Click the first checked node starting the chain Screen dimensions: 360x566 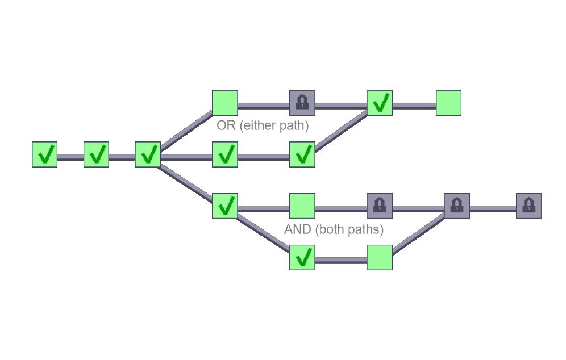pyautogui.click(x=44, y=154)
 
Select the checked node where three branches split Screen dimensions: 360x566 pyautogui.click(x=148, y=154)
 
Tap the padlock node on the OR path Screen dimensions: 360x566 pyautogui.click(x=302, y=103)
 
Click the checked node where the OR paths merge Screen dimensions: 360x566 pyautogui.click(x=380, y=103)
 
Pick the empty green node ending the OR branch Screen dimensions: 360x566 pyautogui.click(x=448, y=103)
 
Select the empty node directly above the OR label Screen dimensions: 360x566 pyautogui.click(x=225, y=103)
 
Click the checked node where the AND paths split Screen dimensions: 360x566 pyautogui.click(x=225, y=206)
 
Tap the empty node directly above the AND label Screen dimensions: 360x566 pyautogui.click(x=302, y=206)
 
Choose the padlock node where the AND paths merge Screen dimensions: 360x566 pyautogui.click(x=457, y=206)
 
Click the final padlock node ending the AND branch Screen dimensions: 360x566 pyautogui.click(x=528, y=206)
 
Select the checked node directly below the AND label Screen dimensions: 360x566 pyautogui.click(x=302, y=257)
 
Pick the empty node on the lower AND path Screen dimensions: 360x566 pyautogui.click(x=380, y=257)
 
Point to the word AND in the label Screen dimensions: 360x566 pyautogui.click(x=297, y=230)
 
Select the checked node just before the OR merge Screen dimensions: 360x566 pyautogui.click(x=302, y=154)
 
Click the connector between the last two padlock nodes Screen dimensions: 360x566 pyautogui.click(x=493, y=209)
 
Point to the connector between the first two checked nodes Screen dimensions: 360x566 pyautogui.click(x=70, y=157)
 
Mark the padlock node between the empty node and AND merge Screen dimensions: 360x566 pyautogui.click(x=380, y=206)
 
